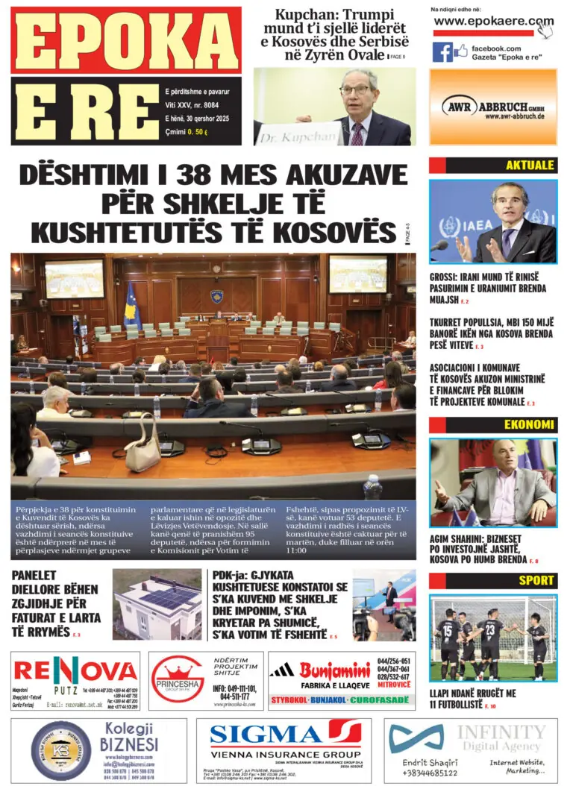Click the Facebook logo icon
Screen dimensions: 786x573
click(442, 52)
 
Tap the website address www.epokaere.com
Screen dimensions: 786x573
click(493, 22)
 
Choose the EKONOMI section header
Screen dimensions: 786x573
click(529, 425)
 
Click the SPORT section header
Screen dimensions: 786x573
click(536, 580)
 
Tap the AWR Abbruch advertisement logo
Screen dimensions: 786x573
click(492, 107)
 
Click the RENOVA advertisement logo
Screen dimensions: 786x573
click(75, 670)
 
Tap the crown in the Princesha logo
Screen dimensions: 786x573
click(178, 667)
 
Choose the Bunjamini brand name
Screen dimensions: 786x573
click(334, 669)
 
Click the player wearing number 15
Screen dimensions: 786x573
click(449, 640)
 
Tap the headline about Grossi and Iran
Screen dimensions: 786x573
click(488, 288)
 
